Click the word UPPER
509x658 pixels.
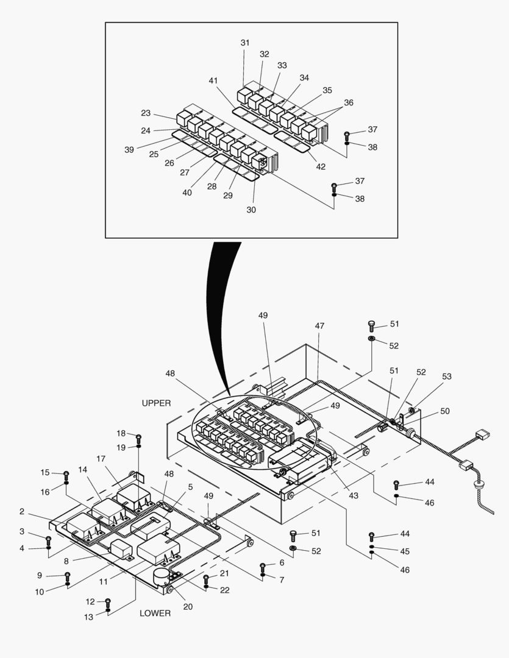click(x=156, y=403)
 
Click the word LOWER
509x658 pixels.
click(x=155, y=613)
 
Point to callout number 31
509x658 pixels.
click(x=244, y=43)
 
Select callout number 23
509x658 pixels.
click(x=146, y=113)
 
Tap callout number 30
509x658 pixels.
click(x=251, y=210)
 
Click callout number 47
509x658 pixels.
click(x=319, y=327)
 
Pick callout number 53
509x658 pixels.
click(x=447, y=377)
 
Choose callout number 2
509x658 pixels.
click(x=22, y=511)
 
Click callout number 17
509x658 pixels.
click(x=101, y=459)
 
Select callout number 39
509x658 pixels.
click(x=129, y=150)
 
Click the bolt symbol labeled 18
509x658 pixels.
click(x=139, y=437)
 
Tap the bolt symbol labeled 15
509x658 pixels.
click(x=66, y=474)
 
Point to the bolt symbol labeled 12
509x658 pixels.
click(x=108, y=603)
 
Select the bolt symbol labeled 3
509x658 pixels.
click(x=49, y=539)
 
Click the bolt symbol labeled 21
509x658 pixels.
click(x=206, y=578)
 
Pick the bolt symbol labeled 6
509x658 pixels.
click(x=263, y=566)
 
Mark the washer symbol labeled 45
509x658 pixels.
click(x=372, y=548)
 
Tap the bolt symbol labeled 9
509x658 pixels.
click(x=67, y=575)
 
